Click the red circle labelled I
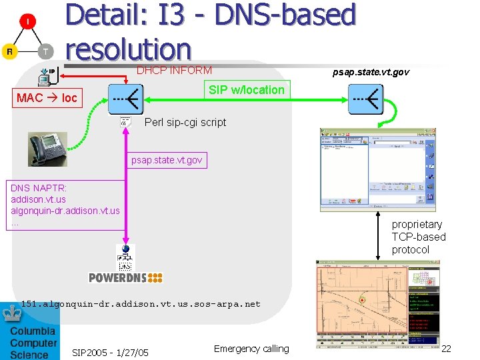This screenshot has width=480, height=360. point(27,21)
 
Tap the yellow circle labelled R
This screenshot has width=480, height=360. point(9,51)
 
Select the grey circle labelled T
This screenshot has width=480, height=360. point(45,51)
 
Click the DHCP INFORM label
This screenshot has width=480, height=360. point(174,70)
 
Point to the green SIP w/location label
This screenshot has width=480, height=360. point(246,90)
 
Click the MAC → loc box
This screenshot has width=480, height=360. point(47,98)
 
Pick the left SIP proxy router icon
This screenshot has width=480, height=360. point(126,99)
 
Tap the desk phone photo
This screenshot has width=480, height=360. point(47,149)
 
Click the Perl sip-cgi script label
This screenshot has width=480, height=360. point(185,122)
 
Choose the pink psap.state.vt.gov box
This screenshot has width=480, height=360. point(167,160)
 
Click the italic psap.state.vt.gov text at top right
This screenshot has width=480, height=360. point(371,71)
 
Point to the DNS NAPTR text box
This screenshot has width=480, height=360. point(65,205)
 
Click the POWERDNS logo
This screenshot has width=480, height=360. point(125,277)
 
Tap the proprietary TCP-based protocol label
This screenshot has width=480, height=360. point(418,237)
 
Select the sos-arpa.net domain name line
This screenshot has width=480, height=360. point(141,304)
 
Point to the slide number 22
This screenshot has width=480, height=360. point(446,349)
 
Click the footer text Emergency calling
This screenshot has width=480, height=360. point(251,349)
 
